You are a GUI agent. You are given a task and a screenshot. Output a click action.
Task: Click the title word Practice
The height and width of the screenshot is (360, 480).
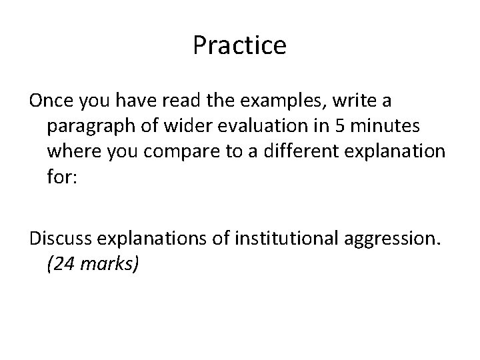coord(239,46)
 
